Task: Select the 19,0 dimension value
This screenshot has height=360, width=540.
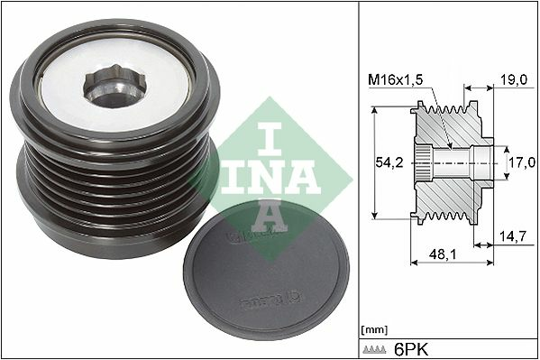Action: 514,80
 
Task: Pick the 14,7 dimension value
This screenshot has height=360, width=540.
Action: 514,236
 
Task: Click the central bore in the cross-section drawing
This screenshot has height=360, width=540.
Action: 460,165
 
